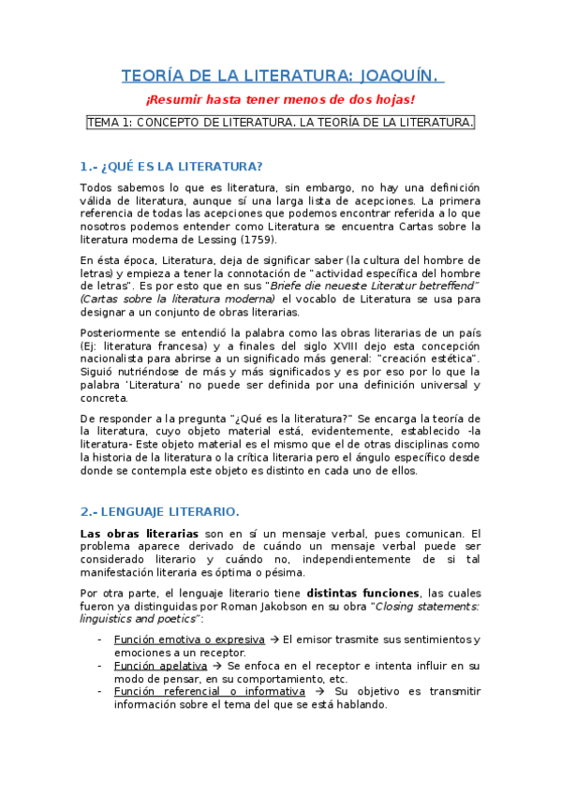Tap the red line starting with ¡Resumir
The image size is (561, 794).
(279, 100)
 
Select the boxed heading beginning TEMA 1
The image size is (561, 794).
(280, 123)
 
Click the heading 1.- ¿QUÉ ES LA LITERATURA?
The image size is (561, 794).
(171, 167)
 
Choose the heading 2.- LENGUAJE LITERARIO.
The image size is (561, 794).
(160, 511)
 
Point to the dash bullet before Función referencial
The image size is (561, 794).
(100, 692)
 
